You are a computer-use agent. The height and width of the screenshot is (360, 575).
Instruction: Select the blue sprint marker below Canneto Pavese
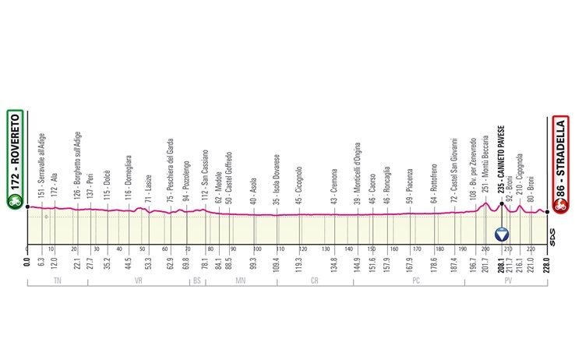(502, 234)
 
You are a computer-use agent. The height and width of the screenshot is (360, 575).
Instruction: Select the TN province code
(55, 280)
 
